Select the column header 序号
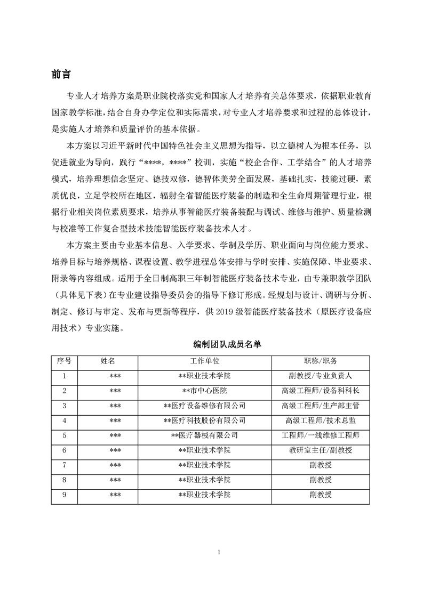click(x=65, y=361)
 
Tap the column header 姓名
click(x=108, y=361)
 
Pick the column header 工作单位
click(x=205, y=361)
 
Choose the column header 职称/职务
click(x=320, y=361)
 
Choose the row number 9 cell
click(x=65, y=495)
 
